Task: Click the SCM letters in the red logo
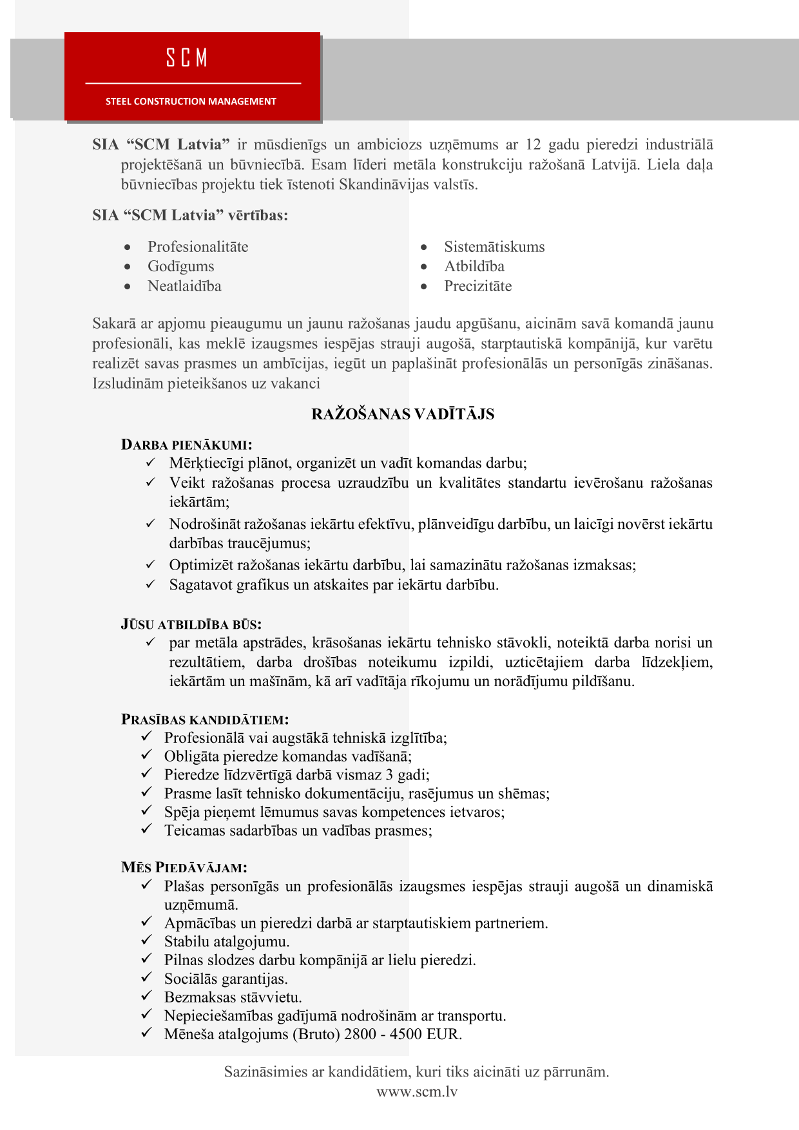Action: [x=187, y=58]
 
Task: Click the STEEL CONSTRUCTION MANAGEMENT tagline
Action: [x=191, y=101]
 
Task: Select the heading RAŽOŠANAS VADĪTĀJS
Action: [x=403, y=414]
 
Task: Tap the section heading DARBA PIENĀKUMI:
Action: [x=186, y=445]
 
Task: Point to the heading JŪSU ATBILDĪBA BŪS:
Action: [x=191, y=624]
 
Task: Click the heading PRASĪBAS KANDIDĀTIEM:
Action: [x=205, y=720]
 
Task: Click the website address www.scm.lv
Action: [x=417, y=1091]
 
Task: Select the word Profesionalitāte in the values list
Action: [x=198, y=247]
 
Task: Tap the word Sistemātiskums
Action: [x=494, y=247]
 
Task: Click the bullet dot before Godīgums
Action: [x=128, y=267]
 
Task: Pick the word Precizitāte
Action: [x=477, y=286]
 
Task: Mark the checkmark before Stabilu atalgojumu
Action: [x=147, y=941]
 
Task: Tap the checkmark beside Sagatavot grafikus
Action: [x=151, y=584]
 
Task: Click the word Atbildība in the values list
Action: [x=474, y=267]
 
